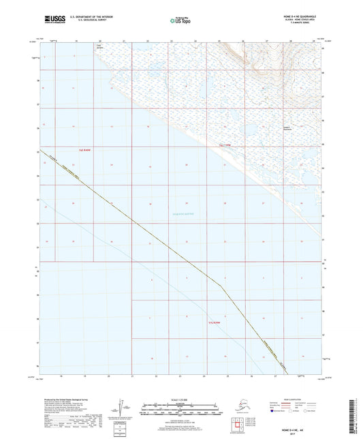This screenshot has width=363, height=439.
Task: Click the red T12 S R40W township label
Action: (x=85, y=148)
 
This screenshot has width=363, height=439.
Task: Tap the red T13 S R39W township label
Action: (x=215, y=322)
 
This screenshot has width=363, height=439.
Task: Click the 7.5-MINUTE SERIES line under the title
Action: (x=305, y=25)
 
